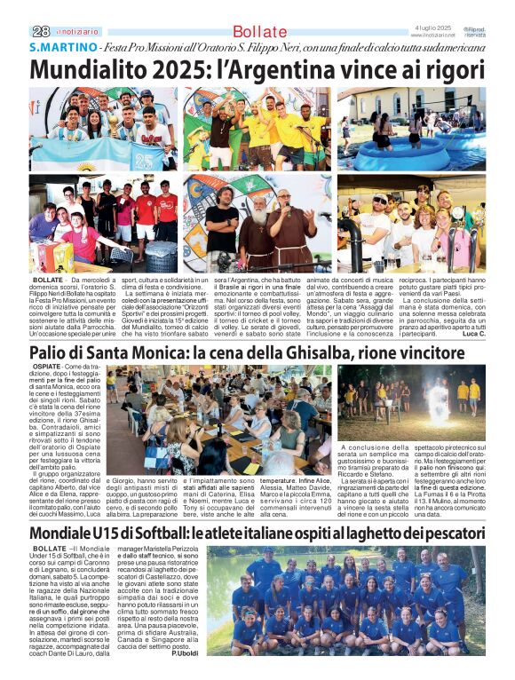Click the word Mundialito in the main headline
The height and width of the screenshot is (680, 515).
pyautogui.click(x=90, y=69)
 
